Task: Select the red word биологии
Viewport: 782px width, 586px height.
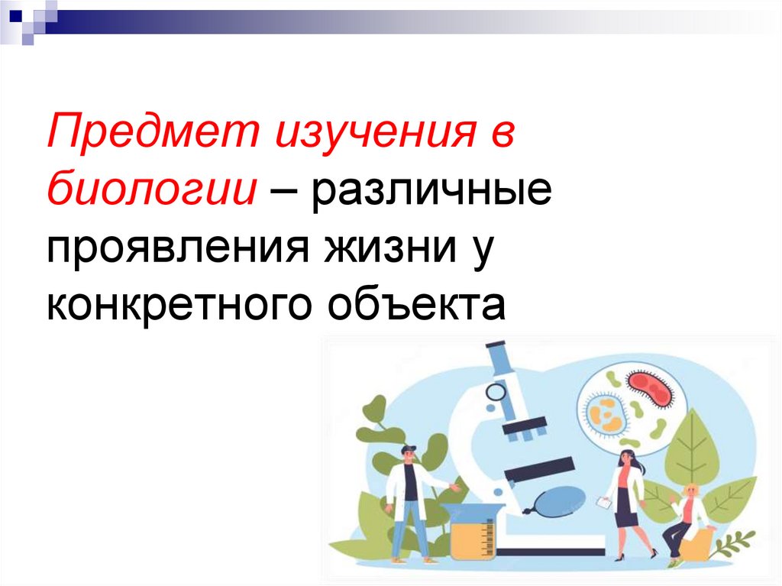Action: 150,187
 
